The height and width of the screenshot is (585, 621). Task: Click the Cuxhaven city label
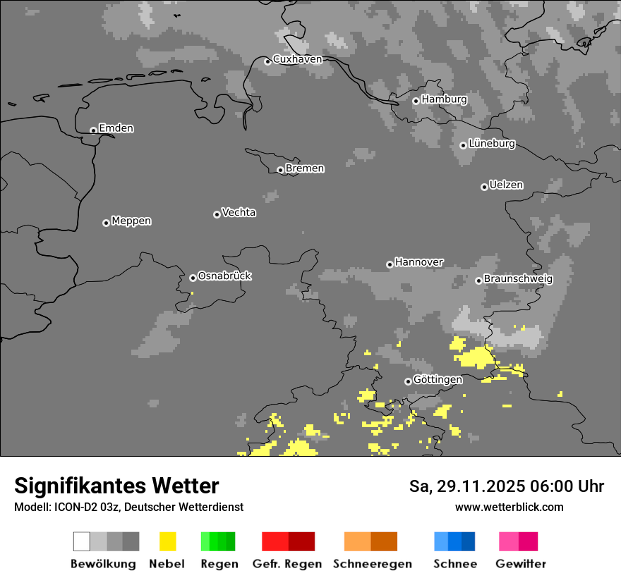coord(297,59)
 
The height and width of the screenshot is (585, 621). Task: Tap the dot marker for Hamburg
coord(416,101)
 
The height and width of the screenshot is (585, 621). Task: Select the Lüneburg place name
coord(492,144)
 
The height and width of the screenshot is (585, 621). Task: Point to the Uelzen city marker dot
coord(484,187)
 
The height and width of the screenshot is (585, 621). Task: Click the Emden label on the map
coord(116,128)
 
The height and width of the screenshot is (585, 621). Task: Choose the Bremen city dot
coord(280,170)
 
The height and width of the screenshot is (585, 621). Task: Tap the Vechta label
coord(239,212)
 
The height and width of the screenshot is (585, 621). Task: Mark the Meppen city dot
coord(106,223)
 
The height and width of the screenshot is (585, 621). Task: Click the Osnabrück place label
coord(224,276)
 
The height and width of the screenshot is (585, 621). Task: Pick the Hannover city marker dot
coord(390,264)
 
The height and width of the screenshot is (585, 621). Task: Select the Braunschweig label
coord(518,279)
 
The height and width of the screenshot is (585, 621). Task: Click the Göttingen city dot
coord(408,381)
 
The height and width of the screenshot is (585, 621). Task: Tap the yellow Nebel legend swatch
coord(167,541)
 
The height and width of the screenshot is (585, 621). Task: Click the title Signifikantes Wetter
coord(116,486)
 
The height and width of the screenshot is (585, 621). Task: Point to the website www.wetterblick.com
coord(509,507)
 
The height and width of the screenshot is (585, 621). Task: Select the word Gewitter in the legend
coord(521,564)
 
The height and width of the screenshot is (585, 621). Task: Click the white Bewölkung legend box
coord(82,541)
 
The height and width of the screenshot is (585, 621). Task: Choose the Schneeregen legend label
coord(373,564)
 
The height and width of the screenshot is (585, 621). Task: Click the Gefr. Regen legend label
coord(287,564)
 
